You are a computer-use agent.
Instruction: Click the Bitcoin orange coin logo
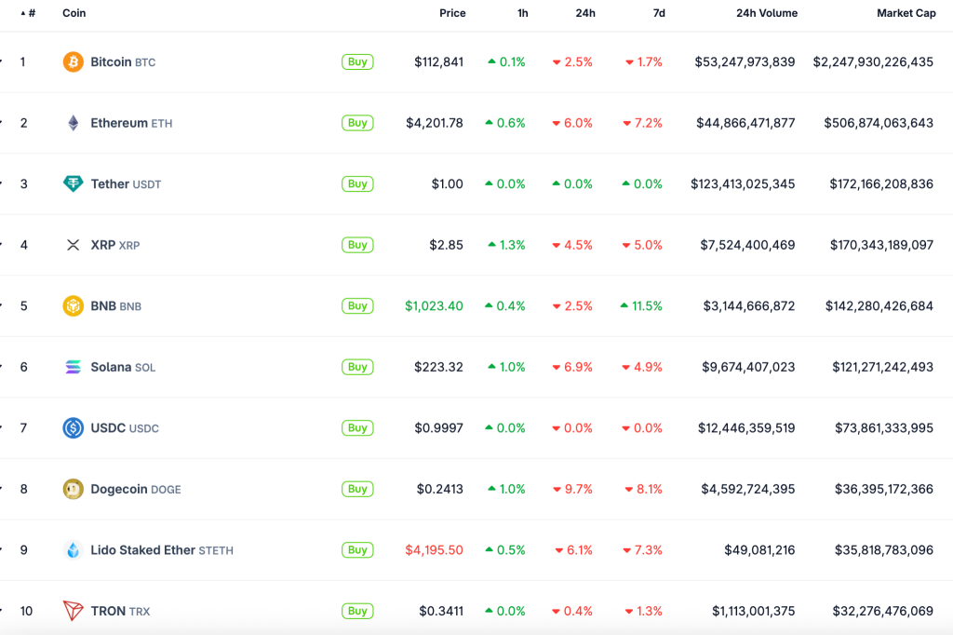coord(73,62)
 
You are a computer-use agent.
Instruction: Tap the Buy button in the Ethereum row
coord(357,123)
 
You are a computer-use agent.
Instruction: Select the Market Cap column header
coord(906,13)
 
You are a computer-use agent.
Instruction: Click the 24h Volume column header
coord(766,13)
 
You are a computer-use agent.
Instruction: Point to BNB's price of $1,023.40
coord(434,306)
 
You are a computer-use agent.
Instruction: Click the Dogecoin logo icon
coord(73,489)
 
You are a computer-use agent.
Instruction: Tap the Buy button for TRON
coord(357,611)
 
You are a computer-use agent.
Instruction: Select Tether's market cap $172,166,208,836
coord(880,184)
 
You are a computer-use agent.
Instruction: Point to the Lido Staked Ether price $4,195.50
coord(434,550)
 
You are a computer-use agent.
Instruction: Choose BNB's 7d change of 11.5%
coord(642,306)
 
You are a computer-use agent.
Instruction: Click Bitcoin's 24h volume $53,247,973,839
coord(745,62)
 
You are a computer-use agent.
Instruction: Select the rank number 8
coord(24,489)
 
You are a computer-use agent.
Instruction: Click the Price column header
coord(452,13)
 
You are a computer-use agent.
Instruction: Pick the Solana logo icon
coord(73,367)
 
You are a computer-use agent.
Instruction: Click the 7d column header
coord(659,13)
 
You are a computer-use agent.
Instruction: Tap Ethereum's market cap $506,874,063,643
coord(878,123)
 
